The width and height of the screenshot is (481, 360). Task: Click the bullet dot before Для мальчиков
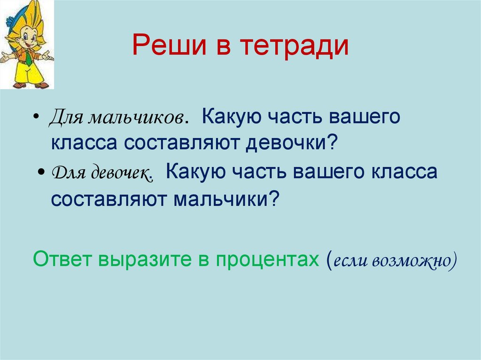[x=37, y=118]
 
